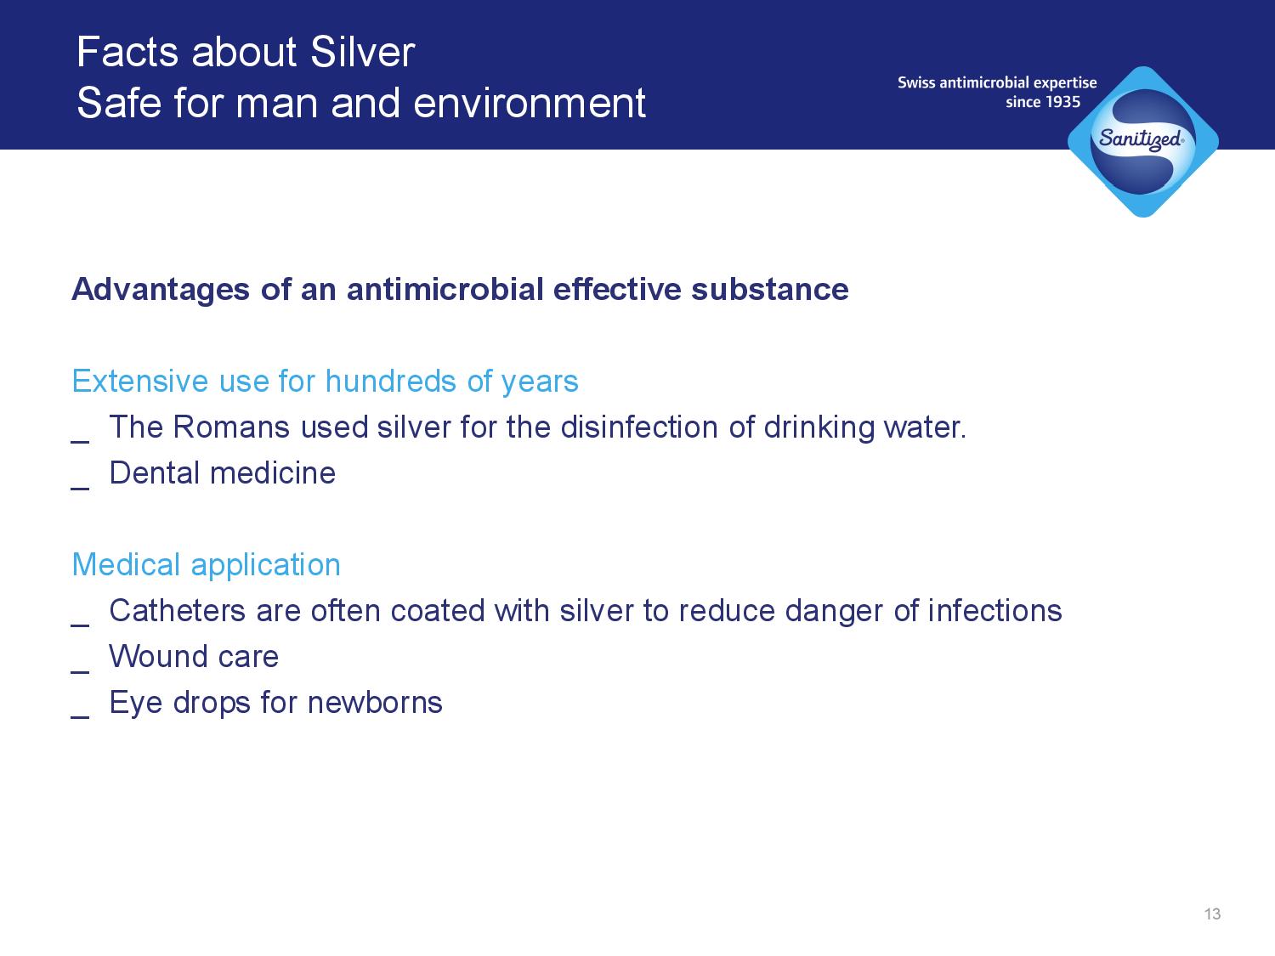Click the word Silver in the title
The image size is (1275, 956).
click(362, 52)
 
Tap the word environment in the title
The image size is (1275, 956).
click(530, 103)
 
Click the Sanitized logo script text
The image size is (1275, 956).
click(1141, 140)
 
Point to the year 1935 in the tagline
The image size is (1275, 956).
click(1062, 102)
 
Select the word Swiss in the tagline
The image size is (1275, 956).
click(916, 82)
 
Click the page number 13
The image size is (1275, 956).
click(1212, 914)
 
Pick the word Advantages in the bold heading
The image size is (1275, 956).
click(161, 290)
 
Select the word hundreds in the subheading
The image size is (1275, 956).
click(391, 382)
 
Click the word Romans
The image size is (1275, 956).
click(231, 427)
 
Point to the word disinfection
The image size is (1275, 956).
click(639, 427)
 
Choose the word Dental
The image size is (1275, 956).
click(155, 473)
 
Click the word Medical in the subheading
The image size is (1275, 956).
click(126, 565)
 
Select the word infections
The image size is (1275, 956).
click(994, 611)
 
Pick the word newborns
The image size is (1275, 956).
click(375, 703)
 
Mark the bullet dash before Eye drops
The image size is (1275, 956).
click(80, 717)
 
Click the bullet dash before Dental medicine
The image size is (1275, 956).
click(80, 488)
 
